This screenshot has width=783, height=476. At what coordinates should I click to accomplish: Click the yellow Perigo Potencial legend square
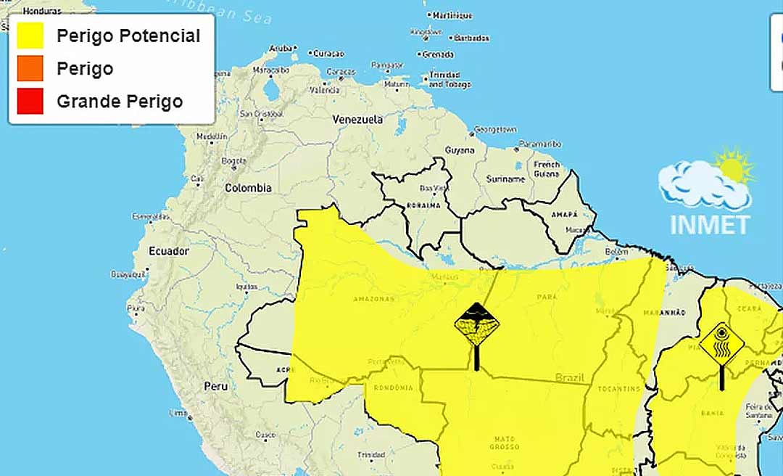tap(31, 36)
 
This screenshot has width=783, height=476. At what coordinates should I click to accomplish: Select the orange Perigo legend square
tap(31, 69)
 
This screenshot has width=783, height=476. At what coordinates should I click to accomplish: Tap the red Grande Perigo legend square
tap(31, 102)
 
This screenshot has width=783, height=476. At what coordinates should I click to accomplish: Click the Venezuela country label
tap(357, 119)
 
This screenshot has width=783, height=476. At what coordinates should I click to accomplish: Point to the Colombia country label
tap(248, 188)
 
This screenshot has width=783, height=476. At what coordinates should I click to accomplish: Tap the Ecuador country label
tap(168, 251)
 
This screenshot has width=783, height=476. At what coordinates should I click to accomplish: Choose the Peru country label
tap(215, 386)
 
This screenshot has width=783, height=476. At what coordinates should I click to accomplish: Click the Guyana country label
tap(460, 150)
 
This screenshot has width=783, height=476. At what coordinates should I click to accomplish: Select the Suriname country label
tap(505, 178)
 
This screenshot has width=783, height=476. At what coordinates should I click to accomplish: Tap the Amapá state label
tap(564, 214)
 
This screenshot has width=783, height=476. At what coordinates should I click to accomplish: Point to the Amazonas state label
tap(373, 299)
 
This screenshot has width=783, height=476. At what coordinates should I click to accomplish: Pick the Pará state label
tap(547, 297)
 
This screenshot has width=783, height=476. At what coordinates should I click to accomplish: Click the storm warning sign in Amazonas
tap(476, 324)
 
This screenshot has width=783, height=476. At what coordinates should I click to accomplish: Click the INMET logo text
tap(709, 224)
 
